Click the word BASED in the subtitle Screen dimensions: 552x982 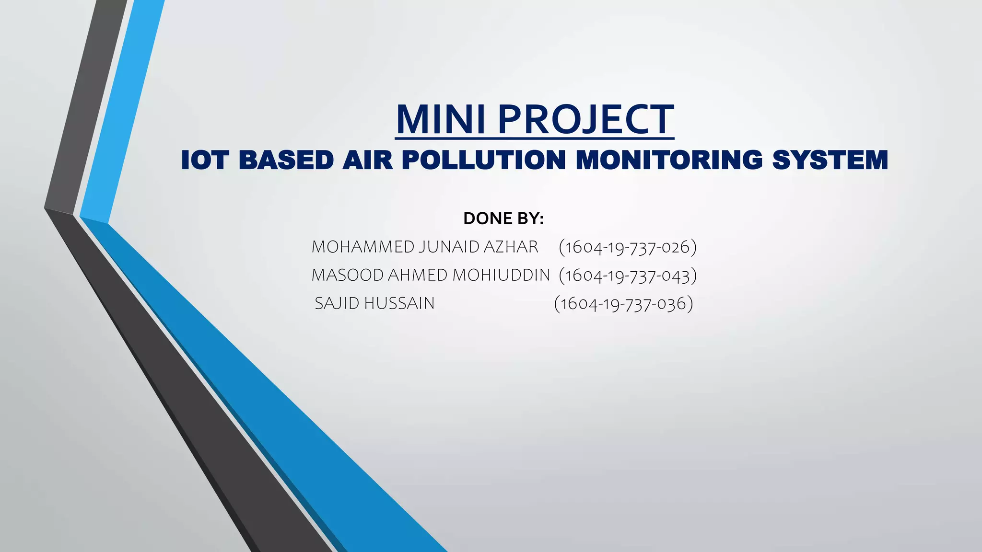tap(286, 160)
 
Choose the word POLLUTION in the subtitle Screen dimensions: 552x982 tap(484, 160)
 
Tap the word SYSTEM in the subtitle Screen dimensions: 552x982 tap(830, 160)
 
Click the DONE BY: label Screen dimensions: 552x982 tap(503, 218)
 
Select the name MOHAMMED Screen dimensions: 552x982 tap(363, 247)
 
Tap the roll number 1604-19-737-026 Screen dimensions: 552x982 tap(628, 247)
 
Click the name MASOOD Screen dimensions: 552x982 tap(347, 275)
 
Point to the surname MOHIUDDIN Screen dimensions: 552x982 tap(501, 275)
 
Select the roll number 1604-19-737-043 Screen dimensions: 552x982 tap(628, 276)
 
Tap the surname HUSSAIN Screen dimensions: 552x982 tap(399, 303)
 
